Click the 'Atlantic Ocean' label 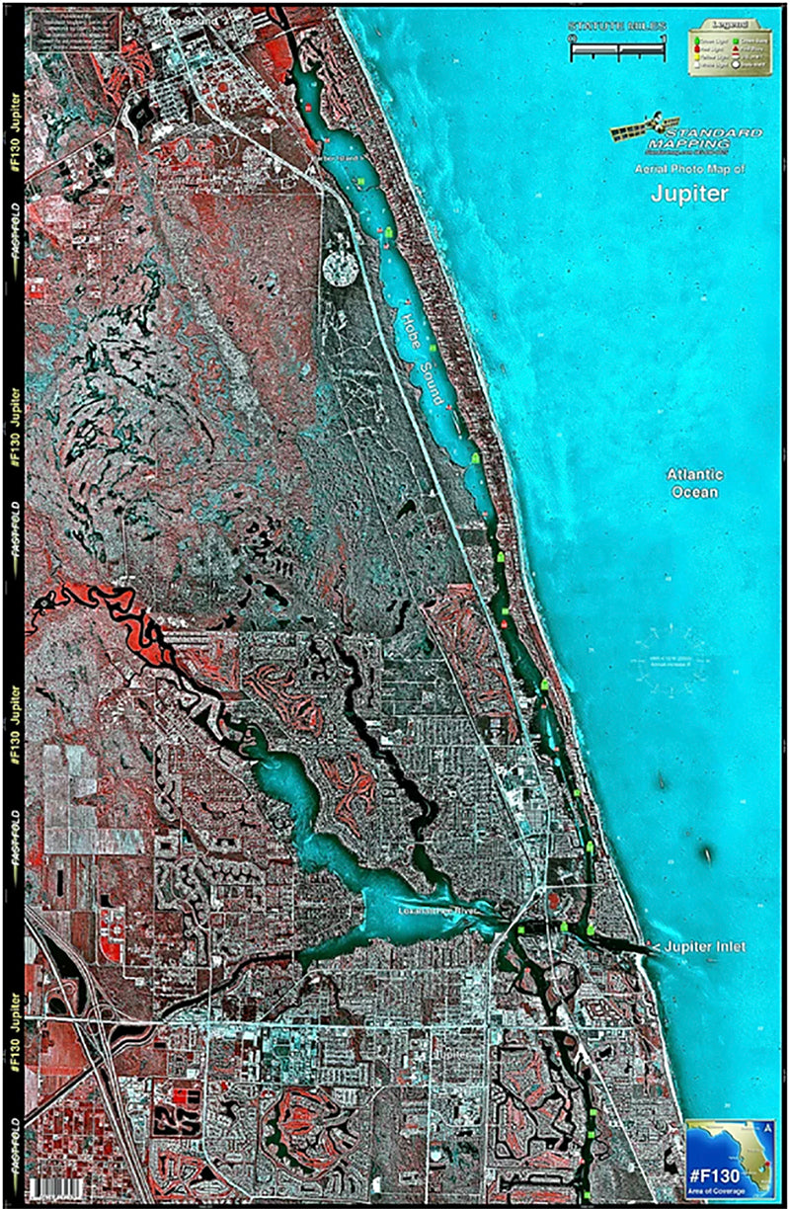coord(692,482)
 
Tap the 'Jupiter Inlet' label coord(704,947)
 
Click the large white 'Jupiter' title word coord(689,194)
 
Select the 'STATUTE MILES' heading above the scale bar coord(617,27)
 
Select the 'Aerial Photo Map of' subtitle coord(689,170)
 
